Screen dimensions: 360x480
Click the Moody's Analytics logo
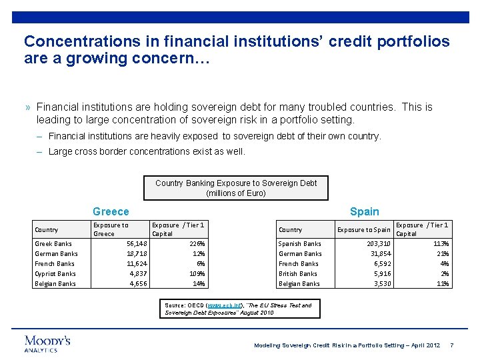(47, 343)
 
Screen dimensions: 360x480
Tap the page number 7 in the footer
(452, 345)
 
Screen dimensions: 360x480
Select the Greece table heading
(111, 211)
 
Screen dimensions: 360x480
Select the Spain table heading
(364, 211)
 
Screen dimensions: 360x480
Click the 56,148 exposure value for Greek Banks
(137, 244)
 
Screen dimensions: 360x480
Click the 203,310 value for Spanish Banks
(375, 244)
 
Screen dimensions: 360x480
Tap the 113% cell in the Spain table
(441, 244)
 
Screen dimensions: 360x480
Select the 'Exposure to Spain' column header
(364, 229)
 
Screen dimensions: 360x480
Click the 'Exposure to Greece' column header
(111, 229)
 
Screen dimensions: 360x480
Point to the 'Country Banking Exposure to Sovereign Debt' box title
(236, 187)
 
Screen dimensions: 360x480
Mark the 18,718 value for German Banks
(137, 254)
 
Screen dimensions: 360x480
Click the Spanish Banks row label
(299, 244)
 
